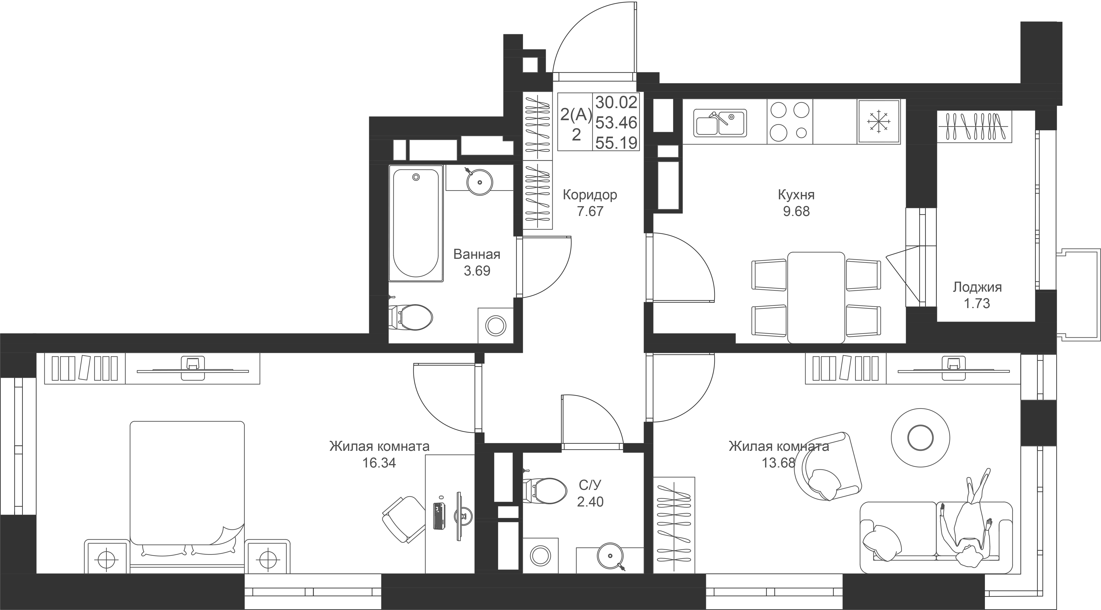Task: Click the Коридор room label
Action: [590, 195]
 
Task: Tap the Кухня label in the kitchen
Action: [796, 195]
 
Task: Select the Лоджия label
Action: [977, 287]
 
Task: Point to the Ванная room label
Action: [476, 254]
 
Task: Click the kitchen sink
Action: [720, 123]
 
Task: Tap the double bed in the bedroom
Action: [187, 487]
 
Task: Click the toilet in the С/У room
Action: [540, 490]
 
